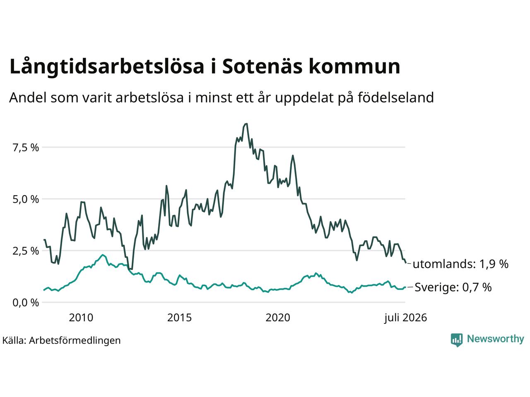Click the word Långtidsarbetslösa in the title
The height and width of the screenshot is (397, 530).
pos(107,67)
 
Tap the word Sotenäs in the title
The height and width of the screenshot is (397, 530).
pos(262,66)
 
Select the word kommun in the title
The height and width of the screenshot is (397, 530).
pos(354,66)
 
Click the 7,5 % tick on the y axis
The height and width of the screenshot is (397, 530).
pos(26,148)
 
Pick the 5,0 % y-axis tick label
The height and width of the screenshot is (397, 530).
pos(26,199)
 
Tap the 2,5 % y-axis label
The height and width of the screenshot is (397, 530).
pos(26,251)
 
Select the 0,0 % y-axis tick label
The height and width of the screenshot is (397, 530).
pos(26,303)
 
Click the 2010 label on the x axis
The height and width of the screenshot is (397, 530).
pos(81,318)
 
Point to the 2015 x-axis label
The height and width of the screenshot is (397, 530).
pos(179,318)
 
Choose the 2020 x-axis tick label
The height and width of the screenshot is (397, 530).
pos(278,318)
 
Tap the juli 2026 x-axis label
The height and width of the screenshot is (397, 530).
pos(406,318)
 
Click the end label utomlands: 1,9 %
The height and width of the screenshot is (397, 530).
pos(460,264)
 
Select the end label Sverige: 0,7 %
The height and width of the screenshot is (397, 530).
pos(453,287)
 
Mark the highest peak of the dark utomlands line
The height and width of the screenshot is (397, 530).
pos(246,124)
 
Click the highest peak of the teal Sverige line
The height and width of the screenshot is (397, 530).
pos(103,255)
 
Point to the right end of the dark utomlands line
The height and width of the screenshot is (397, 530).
pos(406,263)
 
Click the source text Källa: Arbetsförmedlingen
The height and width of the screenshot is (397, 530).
pos(61,341)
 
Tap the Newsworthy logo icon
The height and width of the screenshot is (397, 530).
pos(457,340)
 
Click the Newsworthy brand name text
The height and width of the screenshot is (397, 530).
pos(496,339)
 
